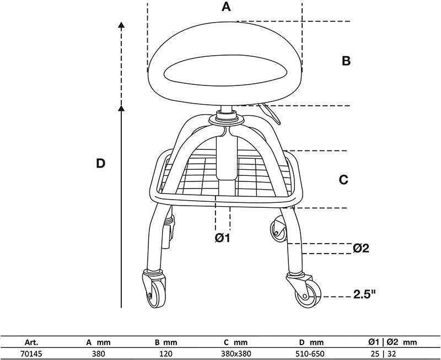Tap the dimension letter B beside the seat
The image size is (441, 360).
point(346,61)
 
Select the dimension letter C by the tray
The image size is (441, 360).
point(343,179)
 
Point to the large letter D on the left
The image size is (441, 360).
point(100,163)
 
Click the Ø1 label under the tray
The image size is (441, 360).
point(222,238)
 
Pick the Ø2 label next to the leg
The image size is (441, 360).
point(361,248)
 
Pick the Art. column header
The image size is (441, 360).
point(31,342)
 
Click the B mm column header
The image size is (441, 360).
point(165,342)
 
